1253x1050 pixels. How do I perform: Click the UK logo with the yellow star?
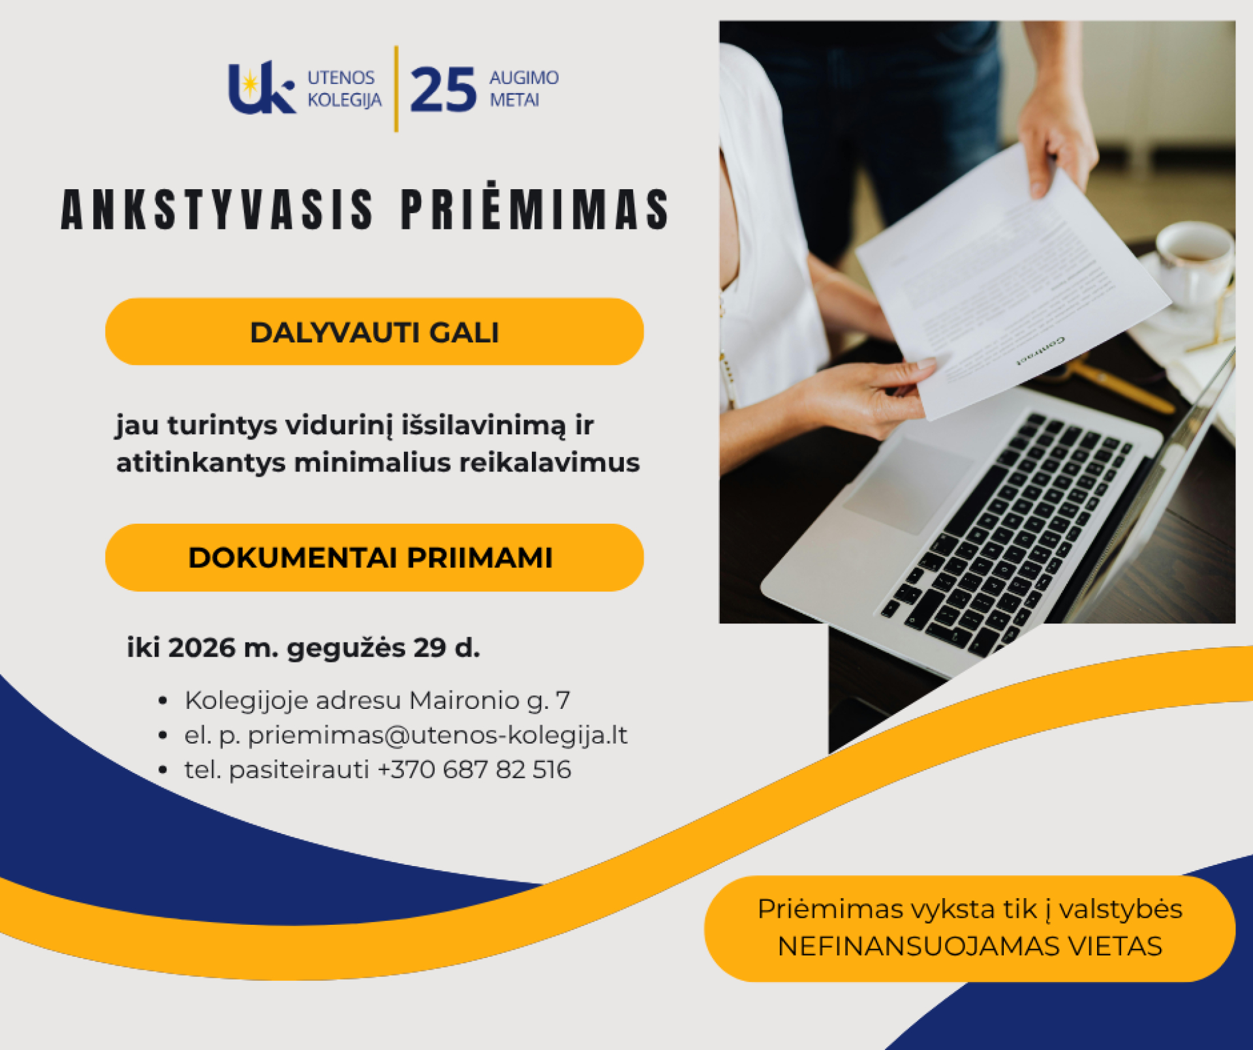point(261,88)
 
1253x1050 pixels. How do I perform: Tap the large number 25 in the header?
point(444,90)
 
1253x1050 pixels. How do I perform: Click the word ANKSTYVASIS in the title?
point(218,209)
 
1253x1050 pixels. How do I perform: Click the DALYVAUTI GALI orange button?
point(375,332)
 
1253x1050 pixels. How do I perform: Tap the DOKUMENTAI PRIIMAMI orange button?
point(375,558)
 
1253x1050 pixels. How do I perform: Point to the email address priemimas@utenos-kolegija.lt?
point(437,735)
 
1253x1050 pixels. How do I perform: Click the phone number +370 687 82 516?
point(474,770)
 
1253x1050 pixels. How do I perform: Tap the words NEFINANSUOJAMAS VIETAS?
point(970,946)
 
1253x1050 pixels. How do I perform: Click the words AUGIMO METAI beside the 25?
point(524,89)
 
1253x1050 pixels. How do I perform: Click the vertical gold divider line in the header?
point(396,89)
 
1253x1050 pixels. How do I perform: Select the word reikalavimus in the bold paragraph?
point(549,462)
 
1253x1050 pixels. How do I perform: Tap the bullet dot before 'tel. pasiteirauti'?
point(163,770)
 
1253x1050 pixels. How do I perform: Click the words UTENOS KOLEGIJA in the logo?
point(345,89)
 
